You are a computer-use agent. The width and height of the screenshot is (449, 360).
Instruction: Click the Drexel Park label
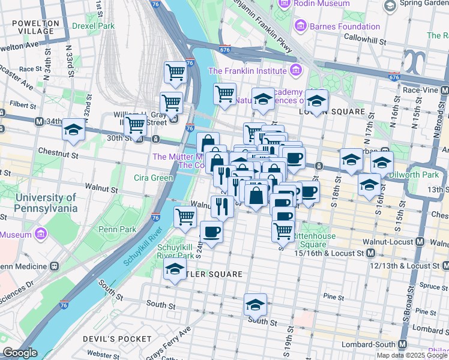point(92,26)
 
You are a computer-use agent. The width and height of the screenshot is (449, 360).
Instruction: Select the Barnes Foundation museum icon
point(301,26)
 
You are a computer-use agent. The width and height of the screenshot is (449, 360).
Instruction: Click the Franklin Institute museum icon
point(295,71)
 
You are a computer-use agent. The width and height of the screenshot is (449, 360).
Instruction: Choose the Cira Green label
point(154,178)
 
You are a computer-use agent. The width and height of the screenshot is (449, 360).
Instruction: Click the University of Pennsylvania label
point(38,203)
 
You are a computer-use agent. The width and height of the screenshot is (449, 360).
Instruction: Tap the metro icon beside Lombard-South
point(402,344)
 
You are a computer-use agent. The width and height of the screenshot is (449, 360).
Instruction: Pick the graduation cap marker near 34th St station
point(73,130)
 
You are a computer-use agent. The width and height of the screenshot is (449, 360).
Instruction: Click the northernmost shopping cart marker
point(175,72)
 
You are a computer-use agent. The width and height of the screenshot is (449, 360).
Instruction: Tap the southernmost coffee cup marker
point(211,231)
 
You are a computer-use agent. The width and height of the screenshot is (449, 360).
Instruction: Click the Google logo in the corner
point(20,353)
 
